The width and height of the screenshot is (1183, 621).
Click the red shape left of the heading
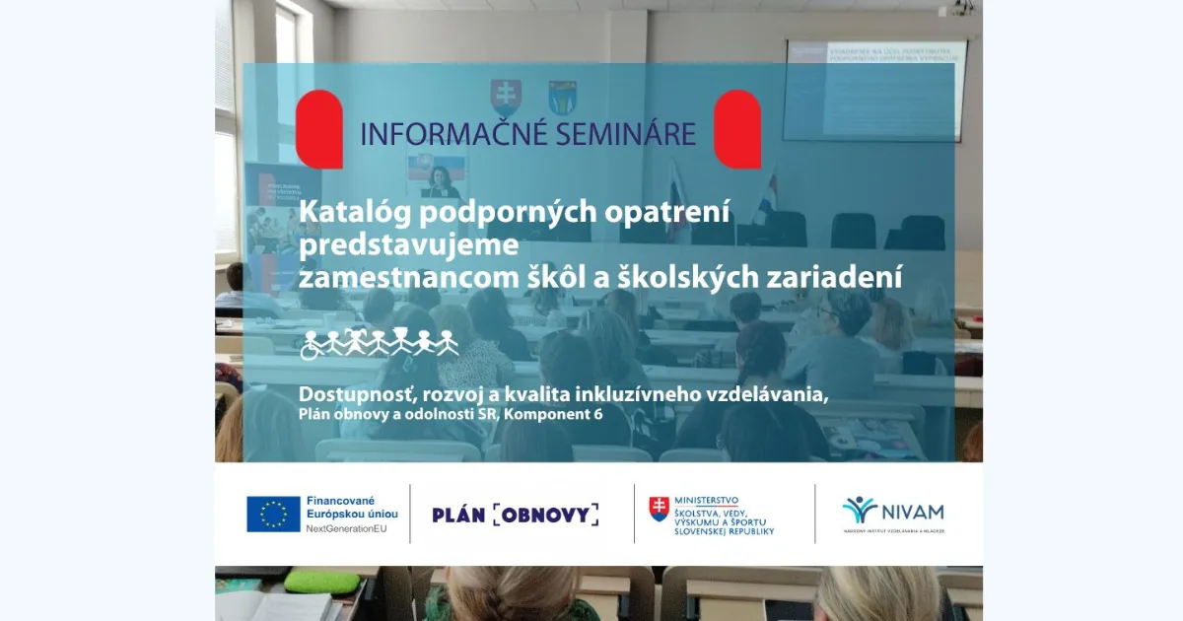click(319, 129)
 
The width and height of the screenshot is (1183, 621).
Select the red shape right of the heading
click(737, 129)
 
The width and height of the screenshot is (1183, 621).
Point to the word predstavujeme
click(408, 244)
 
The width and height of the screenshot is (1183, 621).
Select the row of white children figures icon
click(380, 342)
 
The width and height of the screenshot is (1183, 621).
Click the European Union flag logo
click(273, 514)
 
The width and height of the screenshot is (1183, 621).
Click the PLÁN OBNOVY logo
click(515, 514)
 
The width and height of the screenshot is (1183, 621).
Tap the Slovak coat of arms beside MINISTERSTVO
click(659, 509)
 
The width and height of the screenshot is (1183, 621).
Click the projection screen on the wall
click(874, 90)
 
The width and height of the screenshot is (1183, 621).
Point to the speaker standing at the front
click(441, 183)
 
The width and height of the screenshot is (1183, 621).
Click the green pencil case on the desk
click(321, 582)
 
